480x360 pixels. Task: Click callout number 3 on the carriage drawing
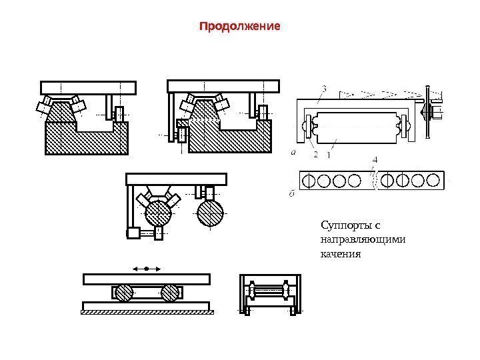[x=323, y=87]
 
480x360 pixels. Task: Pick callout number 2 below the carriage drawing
[x=315, y=154]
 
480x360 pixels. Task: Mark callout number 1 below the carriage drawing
[x=328, y=154]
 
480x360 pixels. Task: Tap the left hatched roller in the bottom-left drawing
[x=122, y=293]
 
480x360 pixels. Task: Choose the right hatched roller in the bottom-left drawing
[x=171, y=293]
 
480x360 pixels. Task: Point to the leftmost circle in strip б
[x=308, y=180]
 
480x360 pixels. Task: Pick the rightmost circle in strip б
[x=433, y=180]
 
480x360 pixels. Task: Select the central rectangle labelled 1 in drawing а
[x=358, y=127]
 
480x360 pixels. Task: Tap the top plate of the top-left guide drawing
[x=88, y=87]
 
